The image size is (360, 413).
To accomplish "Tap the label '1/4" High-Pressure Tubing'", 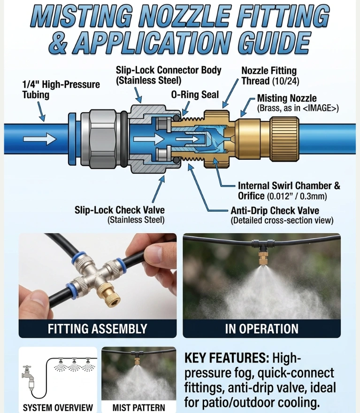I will (x=61, y=90).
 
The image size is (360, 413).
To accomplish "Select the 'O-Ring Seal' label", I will (x=195, y=95).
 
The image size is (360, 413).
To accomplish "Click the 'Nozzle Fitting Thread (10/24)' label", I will (x=269, y=76).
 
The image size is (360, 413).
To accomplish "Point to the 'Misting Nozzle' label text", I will (x=287, y=99).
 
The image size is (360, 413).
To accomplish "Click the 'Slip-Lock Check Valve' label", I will (x=120, y=210).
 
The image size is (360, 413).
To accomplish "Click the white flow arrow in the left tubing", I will (x=39, y=139).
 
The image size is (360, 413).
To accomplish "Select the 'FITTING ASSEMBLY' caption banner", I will (x=98, y=329).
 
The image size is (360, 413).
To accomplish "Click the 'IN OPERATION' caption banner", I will (x=261, y=329).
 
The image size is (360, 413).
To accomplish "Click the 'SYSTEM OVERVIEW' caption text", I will (x=58, y=407).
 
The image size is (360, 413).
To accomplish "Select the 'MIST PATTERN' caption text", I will (x=139, y=407).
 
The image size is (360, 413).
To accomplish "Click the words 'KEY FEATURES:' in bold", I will (x=226, y=358).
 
